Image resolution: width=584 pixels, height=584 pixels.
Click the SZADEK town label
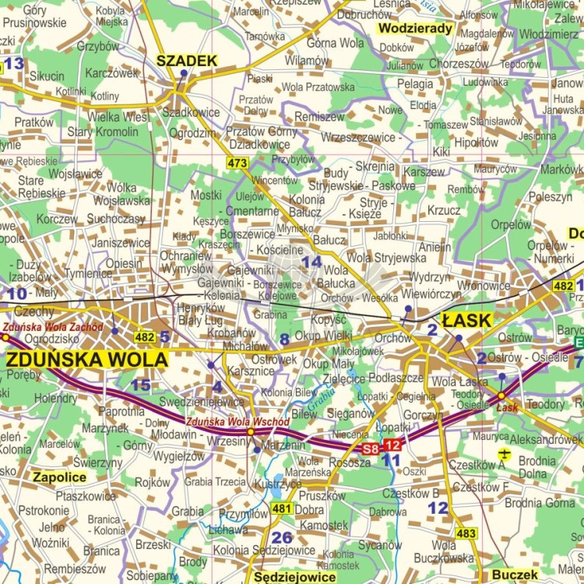pos(186,61)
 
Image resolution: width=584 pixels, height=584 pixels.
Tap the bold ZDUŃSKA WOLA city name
pos(86,360)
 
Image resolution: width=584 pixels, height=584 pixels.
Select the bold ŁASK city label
pos(466,320)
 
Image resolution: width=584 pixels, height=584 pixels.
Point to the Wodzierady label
pos(415,29)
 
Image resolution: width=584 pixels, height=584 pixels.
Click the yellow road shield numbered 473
pos(237,163)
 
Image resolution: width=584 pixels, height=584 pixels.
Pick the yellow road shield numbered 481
pos(281,508)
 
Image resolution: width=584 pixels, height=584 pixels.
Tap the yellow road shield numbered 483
pos(466,533)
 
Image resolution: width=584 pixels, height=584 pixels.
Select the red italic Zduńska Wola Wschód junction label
pos(237,421)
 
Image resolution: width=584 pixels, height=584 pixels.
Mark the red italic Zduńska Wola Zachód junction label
pos(52,327)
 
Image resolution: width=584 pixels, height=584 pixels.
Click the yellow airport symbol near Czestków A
pos(504,453)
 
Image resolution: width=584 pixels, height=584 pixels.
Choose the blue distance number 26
pos(282,537)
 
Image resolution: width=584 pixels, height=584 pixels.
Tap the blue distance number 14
pos(311,262)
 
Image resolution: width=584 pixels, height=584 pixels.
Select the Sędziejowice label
pos(295,577)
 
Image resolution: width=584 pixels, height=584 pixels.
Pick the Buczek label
pos(515,575)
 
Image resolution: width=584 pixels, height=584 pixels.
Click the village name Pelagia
pos(415,84)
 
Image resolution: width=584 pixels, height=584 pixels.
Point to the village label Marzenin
pos(284,445)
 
